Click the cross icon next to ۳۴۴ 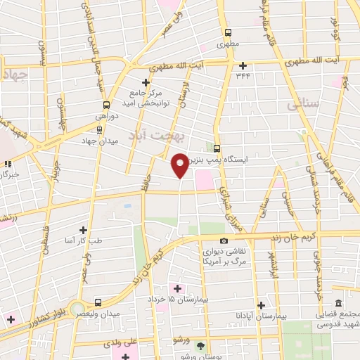242,65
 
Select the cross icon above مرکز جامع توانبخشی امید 145,82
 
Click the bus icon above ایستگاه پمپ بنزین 217,148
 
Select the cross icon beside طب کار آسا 83,230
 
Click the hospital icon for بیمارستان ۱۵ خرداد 176,288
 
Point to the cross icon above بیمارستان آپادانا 261,305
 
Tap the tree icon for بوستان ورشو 200,346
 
